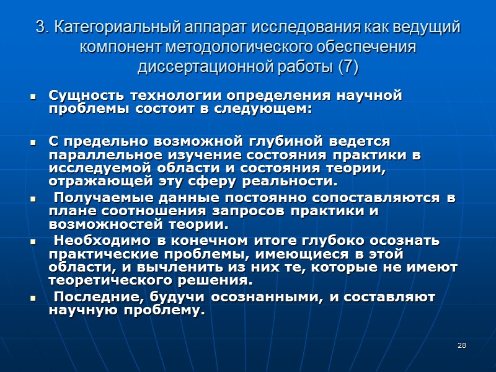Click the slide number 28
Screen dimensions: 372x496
[x=461, y=345]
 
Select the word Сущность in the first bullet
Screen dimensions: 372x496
[x=79, y=96]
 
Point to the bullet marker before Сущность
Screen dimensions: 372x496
[x=32, y=97]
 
